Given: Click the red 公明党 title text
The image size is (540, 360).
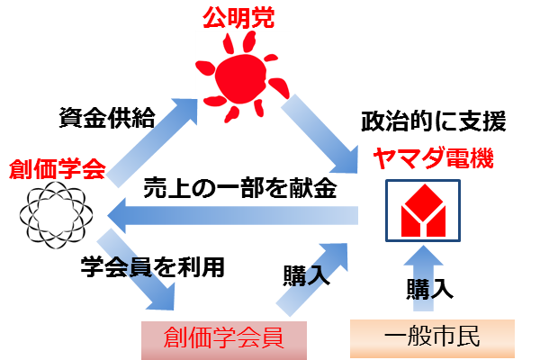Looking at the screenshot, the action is [238, 17].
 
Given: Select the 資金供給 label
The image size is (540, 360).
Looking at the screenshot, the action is [107, 118].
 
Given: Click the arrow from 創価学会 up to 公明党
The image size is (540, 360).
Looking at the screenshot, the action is [151, 143].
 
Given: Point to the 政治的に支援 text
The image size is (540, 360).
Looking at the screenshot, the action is [434, 121].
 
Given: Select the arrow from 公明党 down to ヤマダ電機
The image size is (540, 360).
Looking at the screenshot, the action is [319, 134].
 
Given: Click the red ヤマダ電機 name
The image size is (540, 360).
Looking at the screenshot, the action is [433, 158].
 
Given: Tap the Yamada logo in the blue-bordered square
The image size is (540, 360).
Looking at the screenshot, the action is [423, 210].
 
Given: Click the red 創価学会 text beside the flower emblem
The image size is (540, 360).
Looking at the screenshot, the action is [58, 169].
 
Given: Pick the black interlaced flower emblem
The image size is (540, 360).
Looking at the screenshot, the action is [56, 215].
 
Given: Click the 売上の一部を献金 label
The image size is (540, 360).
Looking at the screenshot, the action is [240, 188].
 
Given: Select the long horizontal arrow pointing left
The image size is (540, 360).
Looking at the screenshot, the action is [232, 216].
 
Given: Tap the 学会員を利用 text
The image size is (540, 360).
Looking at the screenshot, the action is [153, 267].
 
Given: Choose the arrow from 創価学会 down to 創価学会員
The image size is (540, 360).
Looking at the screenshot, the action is [136, 269].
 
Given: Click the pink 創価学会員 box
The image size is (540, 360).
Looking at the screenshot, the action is [224, 340].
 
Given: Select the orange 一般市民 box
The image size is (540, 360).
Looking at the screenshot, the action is [432, 338].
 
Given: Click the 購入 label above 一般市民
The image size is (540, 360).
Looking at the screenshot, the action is [429, 289].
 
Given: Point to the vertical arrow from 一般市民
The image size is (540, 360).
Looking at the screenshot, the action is [423, 278].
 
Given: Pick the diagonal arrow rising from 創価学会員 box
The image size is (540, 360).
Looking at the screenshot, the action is [311, 279].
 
